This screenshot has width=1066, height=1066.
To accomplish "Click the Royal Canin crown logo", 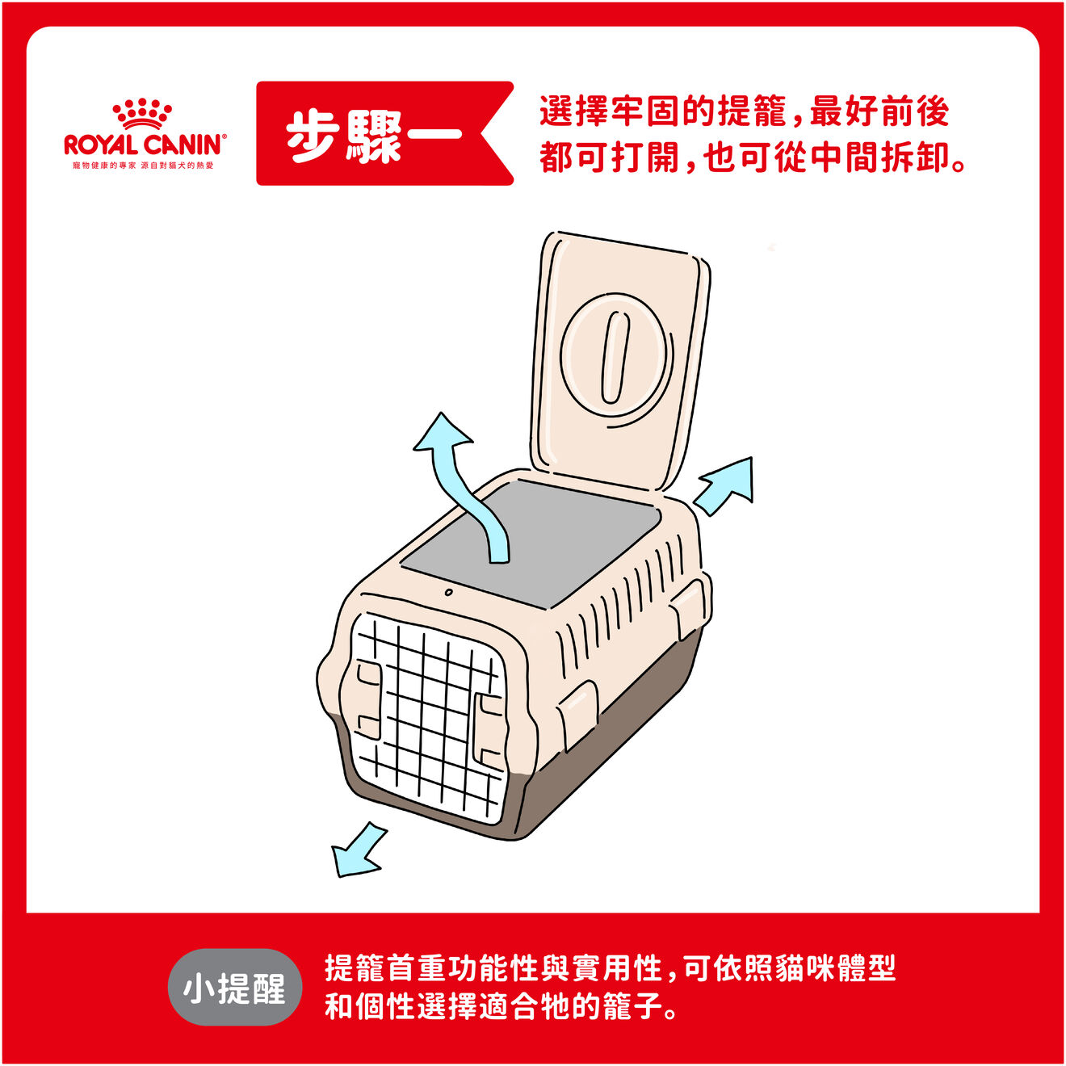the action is pos(142,115).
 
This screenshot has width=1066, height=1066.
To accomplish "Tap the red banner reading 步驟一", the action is pos(384,133).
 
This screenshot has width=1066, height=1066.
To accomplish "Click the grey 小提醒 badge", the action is pos(234,988).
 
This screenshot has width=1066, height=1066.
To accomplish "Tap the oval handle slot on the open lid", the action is pos(615,358).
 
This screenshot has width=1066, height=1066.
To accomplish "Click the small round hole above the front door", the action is pos(449,593).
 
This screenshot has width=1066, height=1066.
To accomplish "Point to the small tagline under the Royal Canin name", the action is pos(143,166).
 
